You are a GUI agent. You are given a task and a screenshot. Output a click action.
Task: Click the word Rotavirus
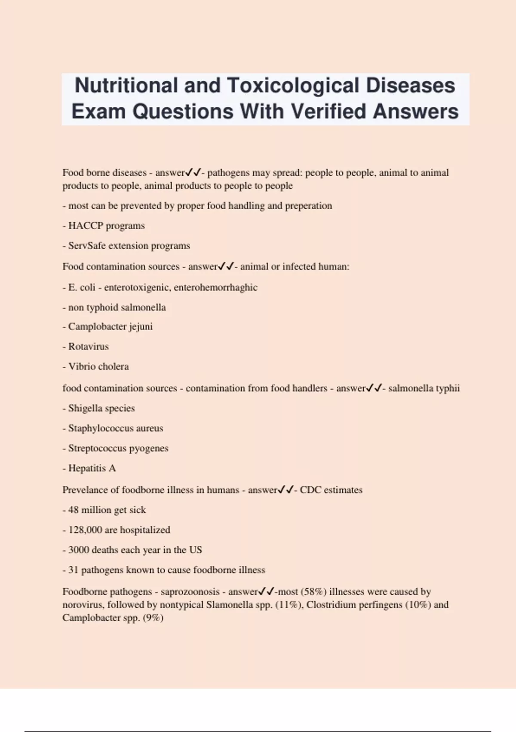(88, 346)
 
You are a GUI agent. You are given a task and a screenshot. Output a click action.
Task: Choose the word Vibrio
(83, 366)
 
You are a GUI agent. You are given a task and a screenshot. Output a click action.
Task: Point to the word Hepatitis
(87, 468)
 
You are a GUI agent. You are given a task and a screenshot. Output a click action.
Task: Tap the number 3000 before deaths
(79, 550)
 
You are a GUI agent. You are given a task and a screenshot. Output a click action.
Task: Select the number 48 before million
(74, 510)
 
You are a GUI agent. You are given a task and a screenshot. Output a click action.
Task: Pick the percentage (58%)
(313, 592)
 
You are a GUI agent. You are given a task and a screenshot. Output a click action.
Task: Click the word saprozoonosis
(190, 592)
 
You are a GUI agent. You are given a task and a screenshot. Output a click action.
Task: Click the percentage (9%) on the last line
(153, 617)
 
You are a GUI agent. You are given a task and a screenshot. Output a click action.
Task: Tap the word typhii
(448, 388)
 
